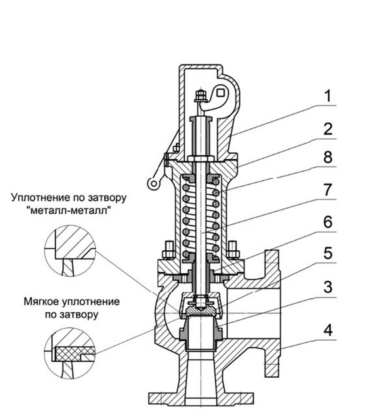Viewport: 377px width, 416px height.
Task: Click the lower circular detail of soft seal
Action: (x=70, y=353)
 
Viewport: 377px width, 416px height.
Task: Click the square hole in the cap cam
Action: (x=222, y=92)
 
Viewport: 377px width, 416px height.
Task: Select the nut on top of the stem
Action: (x=199, y=94)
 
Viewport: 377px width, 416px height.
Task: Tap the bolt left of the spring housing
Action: (x=168, y=249)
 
